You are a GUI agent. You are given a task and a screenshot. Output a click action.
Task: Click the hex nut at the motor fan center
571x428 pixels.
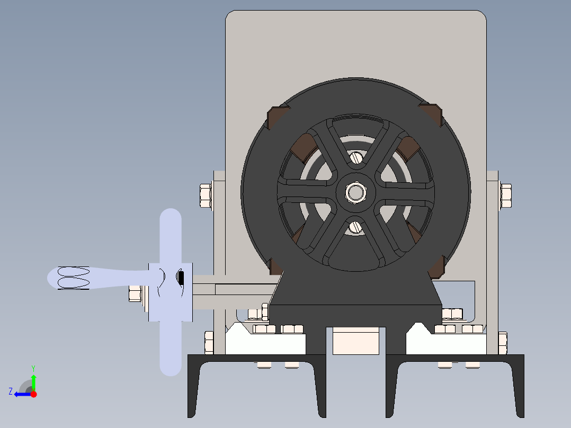click(355, 192)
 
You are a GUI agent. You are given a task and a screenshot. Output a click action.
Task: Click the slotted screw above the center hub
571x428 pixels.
click(356, 157)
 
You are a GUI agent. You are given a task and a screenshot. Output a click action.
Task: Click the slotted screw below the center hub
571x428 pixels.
click(356, 227)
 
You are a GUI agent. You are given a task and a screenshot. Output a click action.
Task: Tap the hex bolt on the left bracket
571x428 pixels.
click(206, 195)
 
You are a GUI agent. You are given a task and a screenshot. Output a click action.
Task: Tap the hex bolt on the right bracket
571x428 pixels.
click(505, 195)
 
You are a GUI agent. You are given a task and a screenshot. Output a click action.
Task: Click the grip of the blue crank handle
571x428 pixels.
click(74, 278)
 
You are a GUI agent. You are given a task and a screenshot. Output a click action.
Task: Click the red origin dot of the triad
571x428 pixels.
click(33, 394)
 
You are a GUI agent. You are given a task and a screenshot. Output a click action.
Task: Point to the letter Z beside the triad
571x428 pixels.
click(11, 391)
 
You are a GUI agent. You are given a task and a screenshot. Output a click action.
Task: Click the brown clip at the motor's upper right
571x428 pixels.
click(431, 114)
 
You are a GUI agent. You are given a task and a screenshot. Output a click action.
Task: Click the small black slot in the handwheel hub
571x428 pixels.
click(181, 278)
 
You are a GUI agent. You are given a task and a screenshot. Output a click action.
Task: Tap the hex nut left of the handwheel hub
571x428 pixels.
click(135, 293)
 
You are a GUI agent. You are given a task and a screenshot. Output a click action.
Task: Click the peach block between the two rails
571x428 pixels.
click(355, 341)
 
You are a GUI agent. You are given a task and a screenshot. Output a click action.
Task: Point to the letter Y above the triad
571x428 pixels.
click(33, 368)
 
